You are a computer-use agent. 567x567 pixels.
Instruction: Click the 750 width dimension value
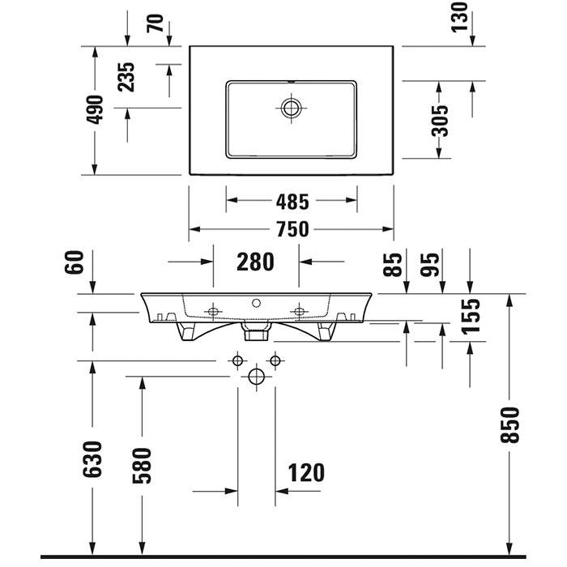click(x=292, y=229)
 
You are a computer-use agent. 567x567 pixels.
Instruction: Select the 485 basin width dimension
click(x=292, y=202)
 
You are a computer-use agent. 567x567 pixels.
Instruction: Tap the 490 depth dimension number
click(x=96, y=109)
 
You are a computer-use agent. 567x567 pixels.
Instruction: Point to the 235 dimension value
click(x=126, y=77)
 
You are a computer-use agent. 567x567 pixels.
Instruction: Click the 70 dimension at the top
click(x=156, y=23)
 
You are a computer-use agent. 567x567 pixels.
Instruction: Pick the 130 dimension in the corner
click(x=459, y=17)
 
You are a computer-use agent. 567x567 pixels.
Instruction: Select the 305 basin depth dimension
click(x=440, y=121)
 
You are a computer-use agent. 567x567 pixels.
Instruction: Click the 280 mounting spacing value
click(x=255, y=262)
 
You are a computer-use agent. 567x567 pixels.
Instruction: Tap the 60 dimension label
click(x=75, y=262)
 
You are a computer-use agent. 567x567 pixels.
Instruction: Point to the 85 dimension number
click(x=393, y=265)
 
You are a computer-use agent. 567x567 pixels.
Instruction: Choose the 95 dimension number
click(x=430, y=265)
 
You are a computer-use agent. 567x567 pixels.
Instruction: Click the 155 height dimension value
click(x=471, y=316)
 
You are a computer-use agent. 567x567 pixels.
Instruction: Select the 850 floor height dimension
click(x=509, y=425)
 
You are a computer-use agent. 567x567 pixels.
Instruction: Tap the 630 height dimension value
click(x=92, y=459)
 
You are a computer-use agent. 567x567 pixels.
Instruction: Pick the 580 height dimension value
click(x=142, y=466)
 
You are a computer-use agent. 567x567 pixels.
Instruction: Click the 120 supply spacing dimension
click(x=306, y=472)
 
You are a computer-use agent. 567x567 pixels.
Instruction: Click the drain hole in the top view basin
click(x=291, y=108)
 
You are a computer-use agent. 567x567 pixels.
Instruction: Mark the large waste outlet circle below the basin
click(x=257, y=377)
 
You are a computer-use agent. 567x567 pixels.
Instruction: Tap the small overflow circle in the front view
click(x=257, y=303)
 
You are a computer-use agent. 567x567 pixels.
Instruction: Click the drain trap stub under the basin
click(x=257, y=331)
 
